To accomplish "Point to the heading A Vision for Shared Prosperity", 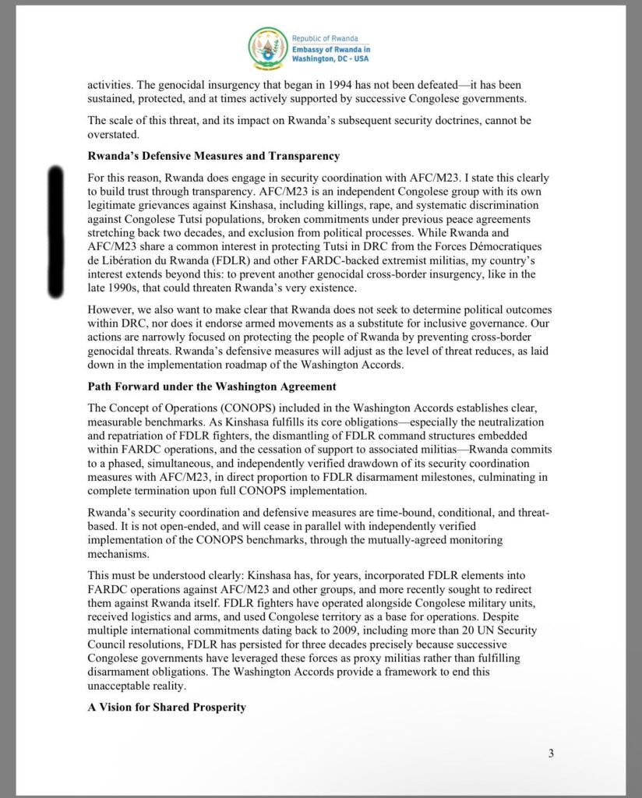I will [x=167, y=707].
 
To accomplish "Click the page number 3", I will [x=550, y=753].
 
